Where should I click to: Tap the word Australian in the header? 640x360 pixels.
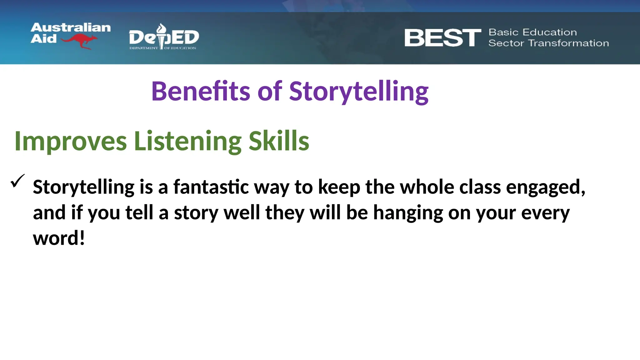71,28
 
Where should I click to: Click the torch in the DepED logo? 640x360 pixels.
162,36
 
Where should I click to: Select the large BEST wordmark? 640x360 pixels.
442,38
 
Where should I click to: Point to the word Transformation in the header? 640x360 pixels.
568,43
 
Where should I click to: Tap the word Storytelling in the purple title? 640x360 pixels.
359,91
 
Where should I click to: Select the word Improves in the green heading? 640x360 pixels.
71,141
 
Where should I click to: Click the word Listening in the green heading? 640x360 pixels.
187,141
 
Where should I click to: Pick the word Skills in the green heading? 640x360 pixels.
279,141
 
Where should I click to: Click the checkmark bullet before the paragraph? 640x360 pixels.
17,181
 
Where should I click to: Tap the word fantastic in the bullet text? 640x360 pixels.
211,187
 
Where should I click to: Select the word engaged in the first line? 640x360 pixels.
545,187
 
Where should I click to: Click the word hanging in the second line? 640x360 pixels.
408,213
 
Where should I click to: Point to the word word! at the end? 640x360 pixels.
59,238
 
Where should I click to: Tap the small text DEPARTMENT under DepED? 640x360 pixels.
144,48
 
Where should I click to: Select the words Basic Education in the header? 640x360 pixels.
532,32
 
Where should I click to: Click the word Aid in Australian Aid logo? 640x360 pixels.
43,39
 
